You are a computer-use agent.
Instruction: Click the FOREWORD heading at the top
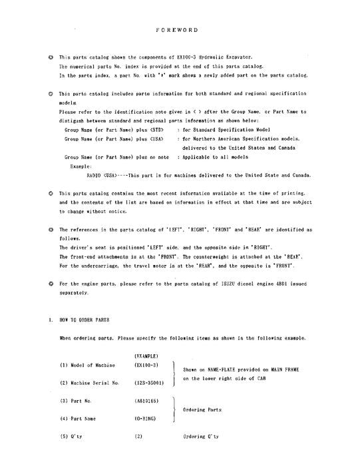click(x=180, y=30)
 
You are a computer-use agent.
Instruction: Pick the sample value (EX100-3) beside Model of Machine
click(x=146, y=365)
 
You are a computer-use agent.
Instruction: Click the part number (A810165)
click(x=146, y=401)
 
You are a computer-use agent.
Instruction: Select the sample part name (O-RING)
click(x=145, y=418)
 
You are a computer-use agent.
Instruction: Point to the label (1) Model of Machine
click(x=87, y=365)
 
